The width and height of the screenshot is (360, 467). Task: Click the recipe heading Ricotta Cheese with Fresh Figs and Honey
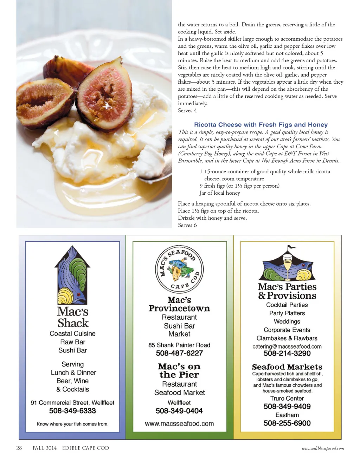click(261, 125)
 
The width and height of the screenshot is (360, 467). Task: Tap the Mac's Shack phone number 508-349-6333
click(72, 411)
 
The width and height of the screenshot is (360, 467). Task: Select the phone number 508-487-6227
click(179, 353)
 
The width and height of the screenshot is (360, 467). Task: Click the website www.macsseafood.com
click(179, 424)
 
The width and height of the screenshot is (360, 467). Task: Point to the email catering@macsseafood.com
click(287, 346)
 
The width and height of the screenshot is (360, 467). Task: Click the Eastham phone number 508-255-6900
click(287, 423)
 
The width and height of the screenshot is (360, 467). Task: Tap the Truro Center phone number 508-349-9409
click(287, 407)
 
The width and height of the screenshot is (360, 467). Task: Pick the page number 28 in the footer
click(19, 448)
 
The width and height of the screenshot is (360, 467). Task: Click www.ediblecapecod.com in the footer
click(323, 448)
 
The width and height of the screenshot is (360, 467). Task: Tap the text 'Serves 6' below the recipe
click(187, 225)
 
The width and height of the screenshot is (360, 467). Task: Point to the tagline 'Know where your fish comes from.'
click(72, 424)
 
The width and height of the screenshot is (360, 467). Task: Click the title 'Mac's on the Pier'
click(179, 371)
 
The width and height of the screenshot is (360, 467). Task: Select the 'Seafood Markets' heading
click(287, 367)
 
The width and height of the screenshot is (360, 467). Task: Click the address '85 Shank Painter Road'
click(179, 345)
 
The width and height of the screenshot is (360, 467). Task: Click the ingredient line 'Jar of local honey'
click(220, 193)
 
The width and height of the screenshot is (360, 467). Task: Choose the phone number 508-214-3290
click(287, 354)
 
